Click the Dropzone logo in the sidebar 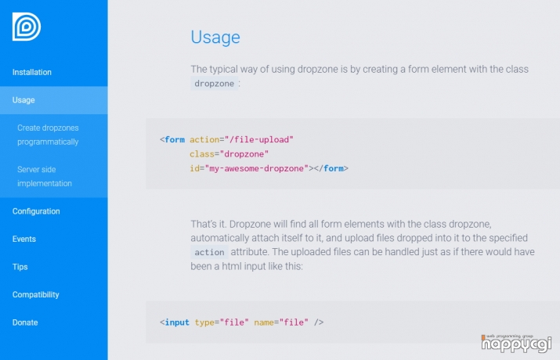click(x=27, y=27)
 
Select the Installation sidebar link click(x=32, y=72)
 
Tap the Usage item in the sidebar click(x=23, y=100)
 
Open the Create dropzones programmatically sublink click(x=48, y=135)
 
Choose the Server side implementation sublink click(x=45, y=176)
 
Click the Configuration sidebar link click(x=36, y=211)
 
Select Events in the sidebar click(x=24, y=239)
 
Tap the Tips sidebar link click(x=20, y=267)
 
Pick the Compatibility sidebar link click(x=36, y=295)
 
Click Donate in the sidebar click(x=25, y=322)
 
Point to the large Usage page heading click(x=215, y=38)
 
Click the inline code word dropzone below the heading click(x=215, y=84)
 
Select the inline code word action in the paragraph click(x=209, y=252)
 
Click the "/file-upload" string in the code click(x=259, y=139)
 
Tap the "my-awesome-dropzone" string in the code click(x=257, y=168)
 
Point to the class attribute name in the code click(x=202, y=154)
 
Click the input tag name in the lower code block click(x=177, y=322)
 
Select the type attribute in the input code click(x=204, y=322)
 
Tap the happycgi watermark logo click(x=516, y=344)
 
